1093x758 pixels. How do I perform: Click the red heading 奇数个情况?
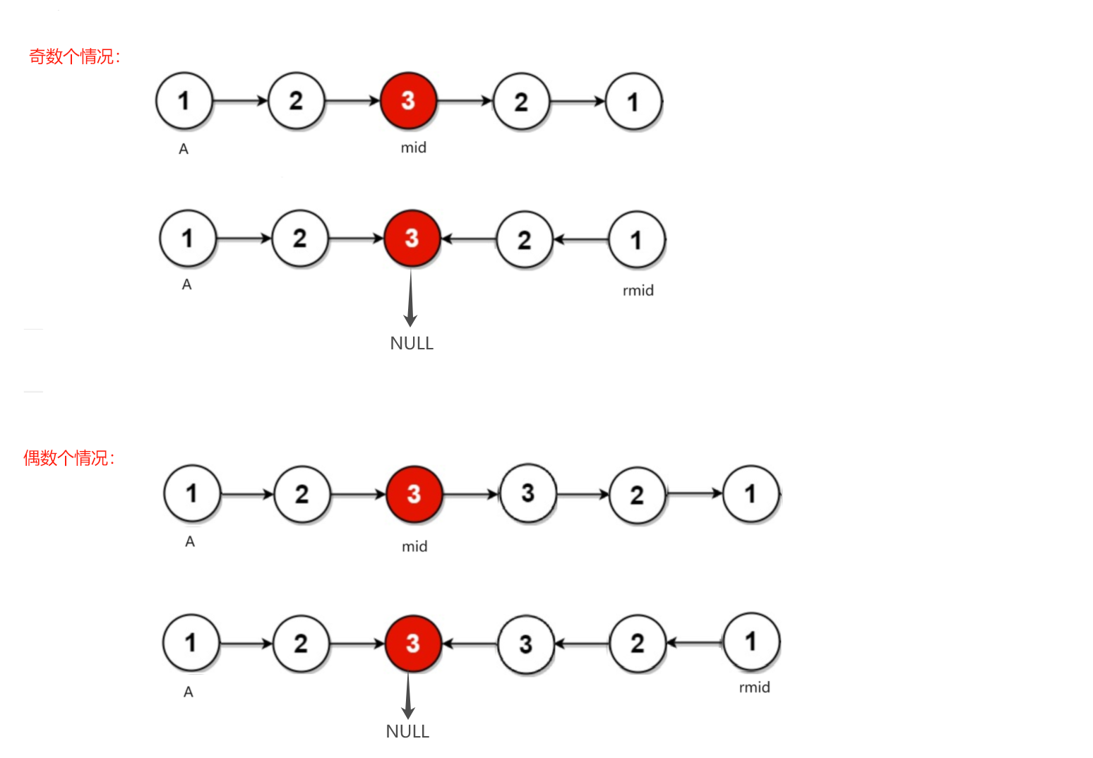[x=74, y=56]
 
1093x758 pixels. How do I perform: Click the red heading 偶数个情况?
[x=68, y=458]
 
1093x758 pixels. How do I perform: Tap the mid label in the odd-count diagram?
[x=413, y=148]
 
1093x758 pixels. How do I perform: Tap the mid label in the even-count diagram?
[x=414, y=546]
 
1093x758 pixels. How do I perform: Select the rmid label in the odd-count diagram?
[x=638, y=291]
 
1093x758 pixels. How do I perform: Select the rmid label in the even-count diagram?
[x=754, y=687]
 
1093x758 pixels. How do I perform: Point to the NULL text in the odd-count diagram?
[x=412, y=344]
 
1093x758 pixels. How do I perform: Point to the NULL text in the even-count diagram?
[x=407, y=732]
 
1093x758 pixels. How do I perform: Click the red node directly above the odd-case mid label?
[x=409, y=101]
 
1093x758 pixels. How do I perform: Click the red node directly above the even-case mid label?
[x=414, y=494]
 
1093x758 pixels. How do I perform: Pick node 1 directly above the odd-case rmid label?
[x=637, y=240]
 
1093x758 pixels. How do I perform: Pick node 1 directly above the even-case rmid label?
[x=751, y=642]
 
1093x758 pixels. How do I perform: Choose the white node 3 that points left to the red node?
[x=526, y=644]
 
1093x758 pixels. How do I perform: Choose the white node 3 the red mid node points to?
[x=528, y=493]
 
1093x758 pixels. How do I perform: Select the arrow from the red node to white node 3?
[x=471, y=495]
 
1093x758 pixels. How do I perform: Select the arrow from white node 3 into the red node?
[x=471, y=644]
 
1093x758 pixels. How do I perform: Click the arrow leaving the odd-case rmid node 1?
[x=581, y=240]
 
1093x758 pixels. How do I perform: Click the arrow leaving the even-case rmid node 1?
[x=695, y=643]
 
